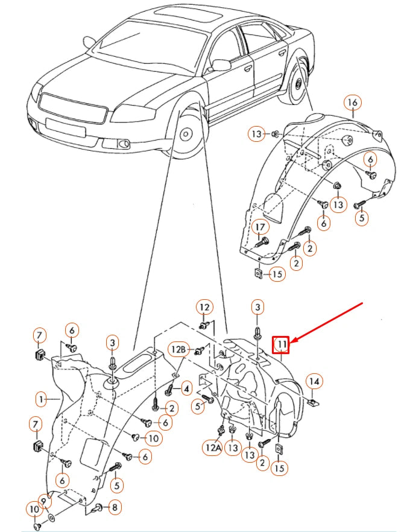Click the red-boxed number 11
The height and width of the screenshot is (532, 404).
281,344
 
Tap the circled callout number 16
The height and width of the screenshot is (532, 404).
353,103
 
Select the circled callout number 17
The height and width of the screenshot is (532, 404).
259,227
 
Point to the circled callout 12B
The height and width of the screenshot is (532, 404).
178,349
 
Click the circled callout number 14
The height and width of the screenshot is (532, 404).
314,381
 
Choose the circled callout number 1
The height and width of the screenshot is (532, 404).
40,399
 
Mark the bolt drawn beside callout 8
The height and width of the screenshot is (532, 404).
96,508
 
